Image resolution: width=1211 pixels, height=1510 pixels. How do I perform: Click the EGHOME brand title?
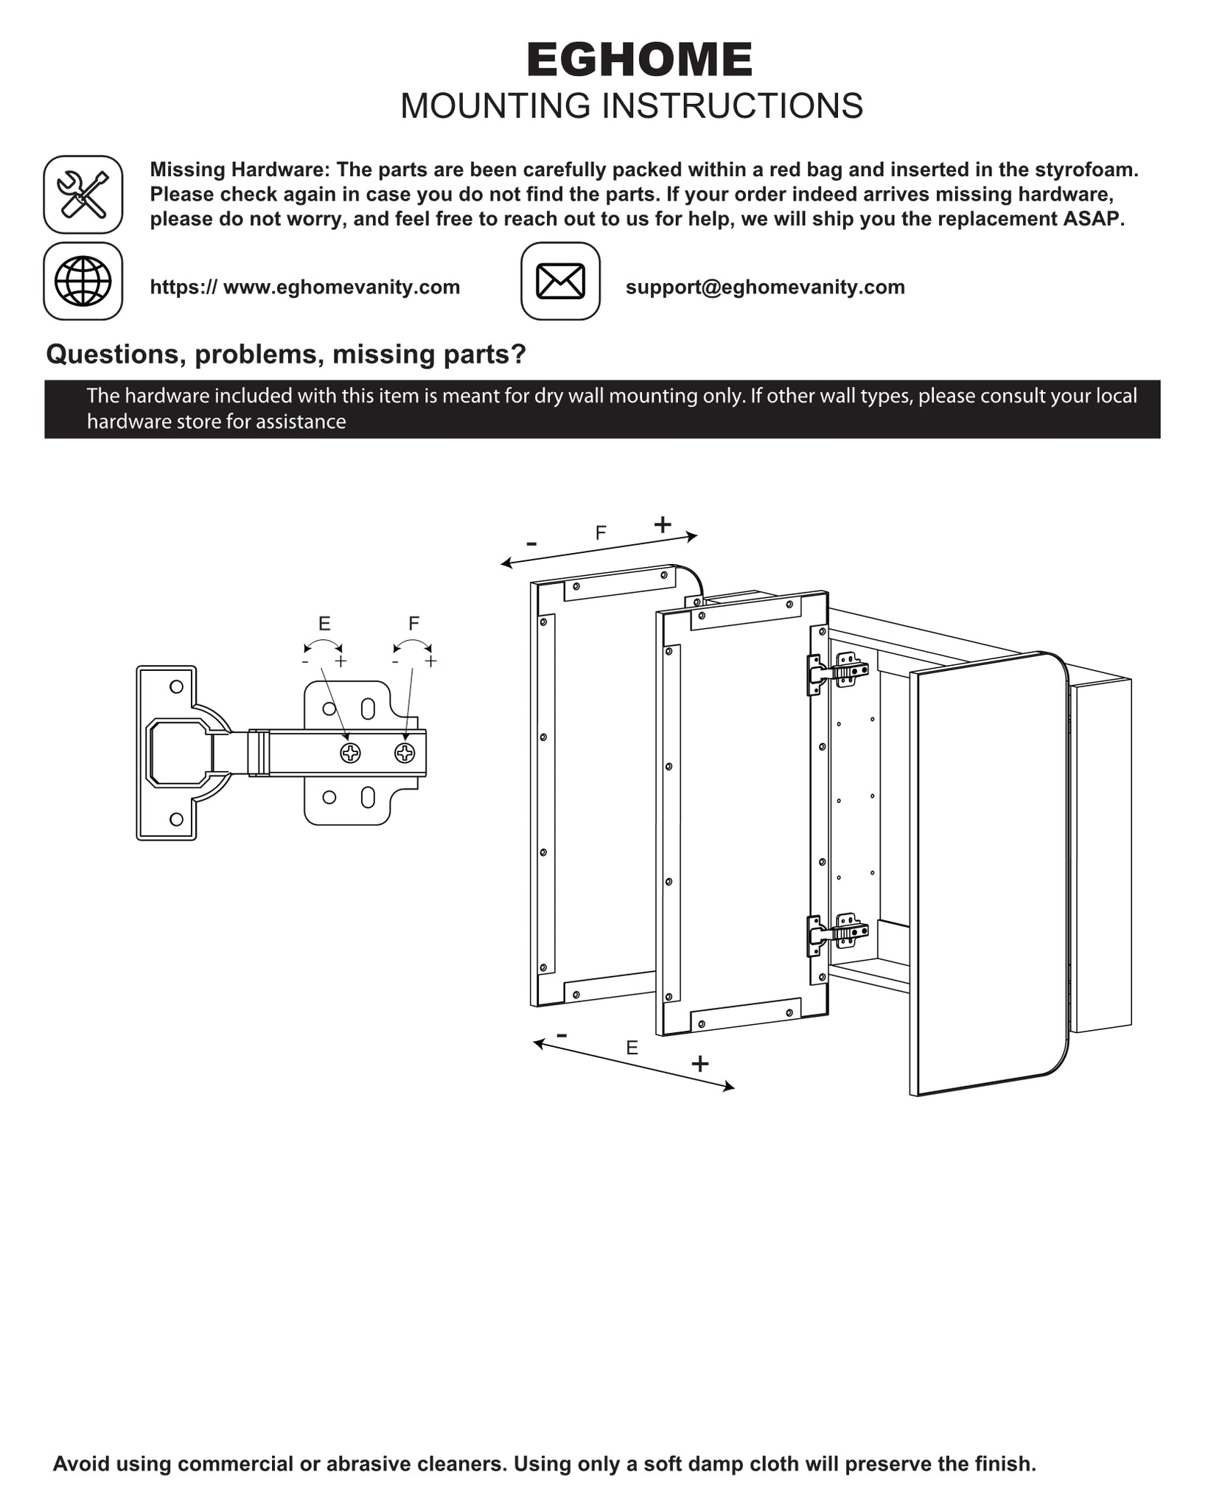click(639, 60)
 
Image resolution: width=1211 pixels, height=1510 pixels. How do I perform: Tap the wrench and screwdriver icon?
click(83, 195)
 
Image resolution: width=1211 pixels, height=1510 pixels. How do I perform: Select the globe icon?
click(83, 281)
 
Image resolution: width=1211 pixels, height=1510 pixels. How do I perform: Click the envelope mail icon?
click(560, 281)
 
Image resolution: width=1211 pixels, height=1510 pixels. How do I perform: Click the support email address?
click(765, 287)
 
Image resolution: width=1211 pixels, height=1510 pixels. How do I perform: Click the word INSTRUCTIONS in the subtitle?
click(733, 106)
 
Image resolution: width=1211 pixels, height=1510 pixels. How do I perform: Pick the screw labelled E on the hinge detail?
click(350, 753)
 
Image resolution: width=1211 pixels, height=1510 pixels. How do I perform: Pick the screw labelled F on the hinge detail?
click(405, 753)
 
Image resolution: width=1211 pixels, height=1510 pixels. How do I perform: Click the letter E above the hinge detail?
click(324, 624)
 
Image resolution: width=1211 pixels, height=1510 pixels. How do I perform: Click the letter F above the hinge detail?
click(414, 624)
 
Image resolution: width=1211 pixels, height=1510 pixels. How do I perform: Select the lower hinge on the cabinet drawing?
click(837, 934)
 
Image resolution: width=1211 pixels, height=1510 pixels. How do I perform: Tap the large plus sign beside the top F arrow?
click(663, 524)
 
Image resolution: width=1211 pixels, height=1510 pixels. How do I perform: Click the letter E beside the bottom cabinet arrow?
click(632, 1048)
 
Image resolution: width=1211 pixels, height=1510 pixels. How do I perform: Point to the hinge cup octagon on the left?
click(178, 753)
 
